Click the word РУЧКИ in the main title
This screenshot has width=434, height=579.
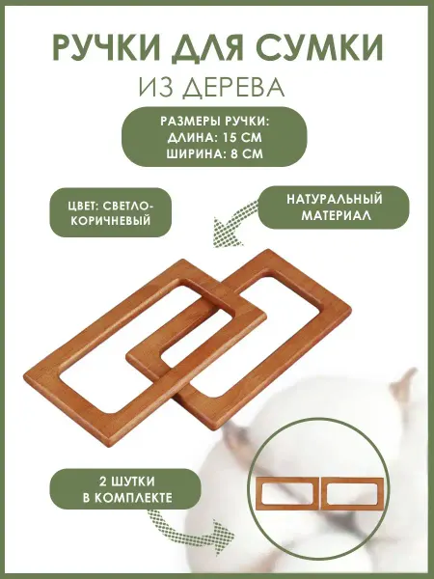pyautogui.click(x=106, y=48)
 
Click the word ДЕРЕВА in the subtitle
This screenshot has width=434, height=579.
pyautogui.click(x=234, y=88)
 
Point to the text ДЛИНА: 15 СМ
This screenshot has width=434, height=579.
pyautogui.click(x=214, y=137)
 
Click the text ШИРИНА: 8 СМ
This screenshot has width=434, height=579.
pyautogui.click(x=214, y=153)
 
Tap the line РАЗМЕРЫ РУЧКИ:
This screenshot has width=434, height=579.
pyautogui.click(x=215, y=122)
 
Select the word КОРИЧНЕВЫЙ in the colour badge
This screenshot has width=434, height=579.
pyautogui.click(x=110, y=220)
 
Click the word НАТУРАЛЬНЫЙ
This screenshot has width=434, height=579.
pyautogui.click(x=335, y=199)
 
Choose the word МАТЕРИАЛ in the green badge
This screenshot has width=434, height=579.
pyautogui.click(x=337, y=215)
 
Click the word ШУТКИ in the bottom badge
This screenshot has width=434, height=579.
pyautogui.click(x=132, y=482)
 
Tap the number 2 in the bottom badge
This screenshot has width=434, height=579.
pyautogui.click(x=102, y=482)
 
